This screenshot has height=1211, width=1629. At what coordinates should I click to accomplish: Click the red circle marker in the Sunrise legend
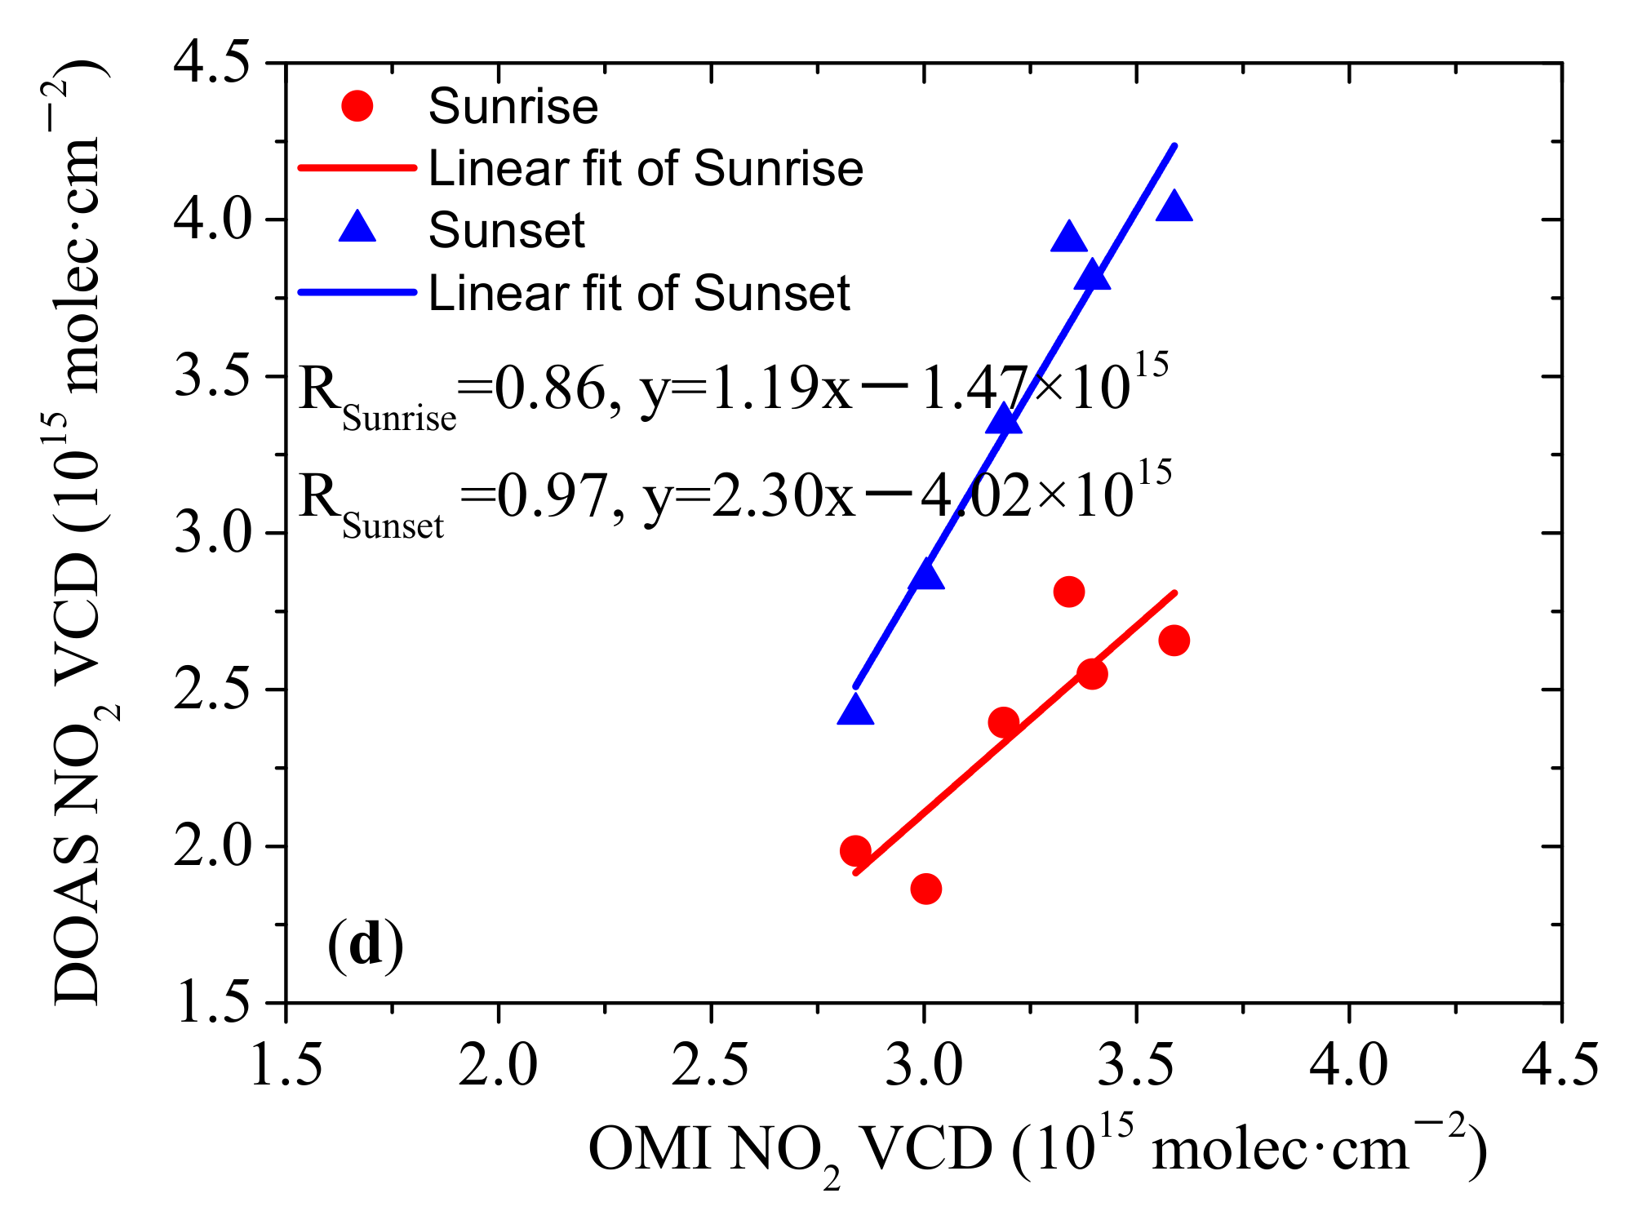(357, 106)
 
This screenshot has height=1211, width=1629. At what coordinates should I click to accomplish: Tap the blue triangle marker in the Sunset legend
(357, 227)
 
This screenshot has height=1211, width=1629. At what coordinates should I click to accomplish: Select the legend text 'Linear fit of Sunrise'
(646, 169)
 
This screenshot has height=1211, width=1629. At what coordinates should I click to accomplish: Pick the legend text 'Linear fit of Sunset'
(639, 293)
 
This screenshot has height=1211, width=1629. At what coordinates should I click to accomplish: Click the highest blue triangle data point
(1174, 206)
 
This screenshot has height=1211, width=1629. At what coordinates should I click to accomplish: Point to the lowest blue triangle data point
(855, 711)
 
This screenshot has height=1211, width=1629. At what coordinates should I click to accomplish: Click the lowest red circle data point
(925, 889)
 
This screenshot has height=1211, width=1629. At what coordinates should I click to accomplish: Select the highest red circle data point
(1068, 592)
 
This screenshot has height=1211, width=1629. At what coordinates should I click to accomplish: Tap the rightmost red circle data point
(1174, 641)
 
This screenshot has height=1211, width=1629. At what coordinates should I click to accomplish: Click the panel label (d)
(366, 944)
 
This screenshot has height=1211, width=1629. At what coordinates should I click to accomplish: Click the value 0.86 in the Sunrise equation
(550, 388)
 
